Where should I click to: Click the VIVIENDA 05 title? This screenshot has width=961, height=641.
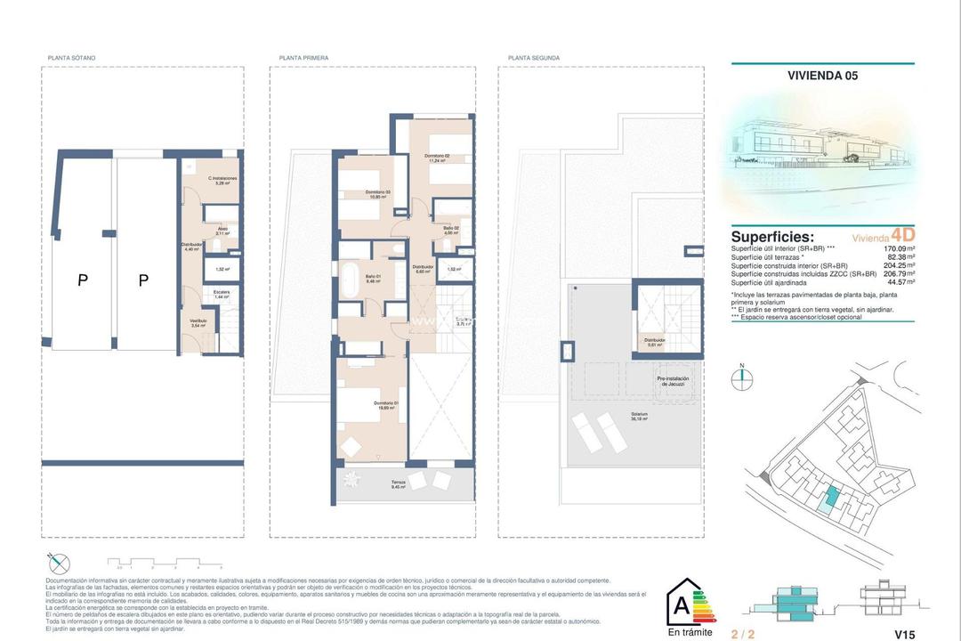coord(822,76)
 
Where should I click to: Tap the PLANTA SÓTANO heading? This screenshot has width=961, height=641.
coord(71,58)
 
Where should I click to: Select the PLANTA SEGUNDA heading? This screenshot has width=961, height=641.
coord(534,58)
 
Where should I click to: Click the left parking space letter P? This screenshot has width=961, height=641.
coord(83,281)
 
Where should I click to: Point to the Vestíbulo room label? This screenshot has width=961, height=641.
coord(198,322)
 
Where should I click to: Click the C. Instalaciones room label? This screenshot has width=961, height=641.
coord(222,181)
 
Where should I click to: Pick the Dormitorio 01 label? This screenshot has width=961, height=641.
coord(385,405)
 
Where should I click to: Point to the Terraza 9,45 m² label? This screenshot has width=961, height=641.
coord(398,485)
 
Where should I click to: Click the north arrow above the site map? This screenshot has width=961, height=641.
coord(740,377)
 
